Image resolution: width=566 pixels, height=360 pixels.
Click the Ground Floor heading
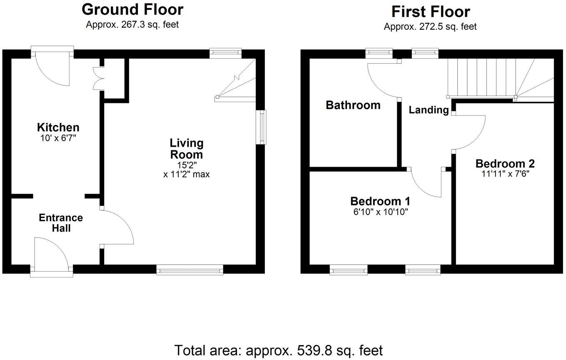[x=132, y=9]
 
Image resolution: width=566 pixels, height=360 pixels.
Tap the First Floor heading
[x=430, y=11]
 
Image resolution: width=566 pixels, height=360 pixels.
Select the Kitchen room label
[x=58, y=127]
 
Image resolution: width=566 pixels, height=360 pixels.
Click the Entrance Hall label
[x=61, y=223]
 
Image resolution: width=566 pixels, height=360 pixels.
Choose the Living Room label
[x=187, y=149]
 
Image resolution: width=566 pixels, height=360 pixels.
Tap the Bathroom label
[x=353, y=105]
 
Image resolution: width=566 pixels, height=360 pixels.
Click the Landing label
[x=429, y=110]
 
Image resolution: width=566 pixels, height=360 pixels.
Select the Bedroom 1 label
[x=380, y=201]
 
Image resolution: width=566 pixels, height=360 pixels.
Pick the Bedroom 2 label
[x=505, y=164]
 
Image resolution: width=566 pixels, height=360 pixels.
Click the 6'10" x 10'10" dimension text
[x=380, y=212]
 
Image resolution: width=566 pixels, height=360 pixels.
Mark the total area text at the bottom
[x=278, y=350]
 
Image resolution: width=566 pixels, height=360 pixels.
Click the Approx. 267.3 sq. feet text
[x=132, y=24]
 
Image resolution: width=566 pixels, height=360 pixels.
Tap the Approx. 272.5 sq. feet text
[x=430, y=27]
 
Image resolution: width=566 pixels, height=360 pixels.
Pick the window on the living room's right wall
[x=261, y=127]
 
